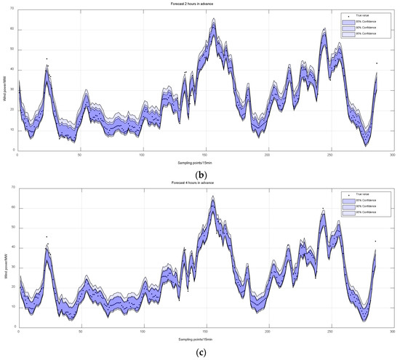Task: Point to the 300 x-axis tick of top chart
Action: [x=392, y=155]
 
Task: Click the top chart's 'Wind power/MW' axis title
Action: [x=5, y=80]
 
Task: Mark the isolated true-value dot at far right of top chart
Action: [x=377, y=63]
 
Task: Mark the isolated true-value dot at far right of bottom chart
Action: [x=377, y=241]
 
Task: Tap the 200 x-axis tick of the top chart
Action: [x=268, y=155]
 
